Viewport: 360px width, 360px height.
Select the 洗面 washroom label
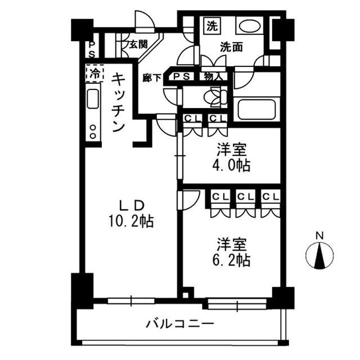(231, 48)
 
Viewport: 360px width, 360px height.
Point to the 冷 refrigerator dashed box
(94, 73)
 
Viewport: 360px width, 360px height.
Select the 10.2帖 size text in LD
(131, 220)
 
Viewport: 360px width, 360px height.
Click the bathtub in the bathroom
(256, 109)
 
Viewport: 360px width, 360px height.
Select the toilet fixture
(217, 97)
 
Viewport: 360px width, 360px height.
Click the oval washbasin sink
(247, 26)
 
